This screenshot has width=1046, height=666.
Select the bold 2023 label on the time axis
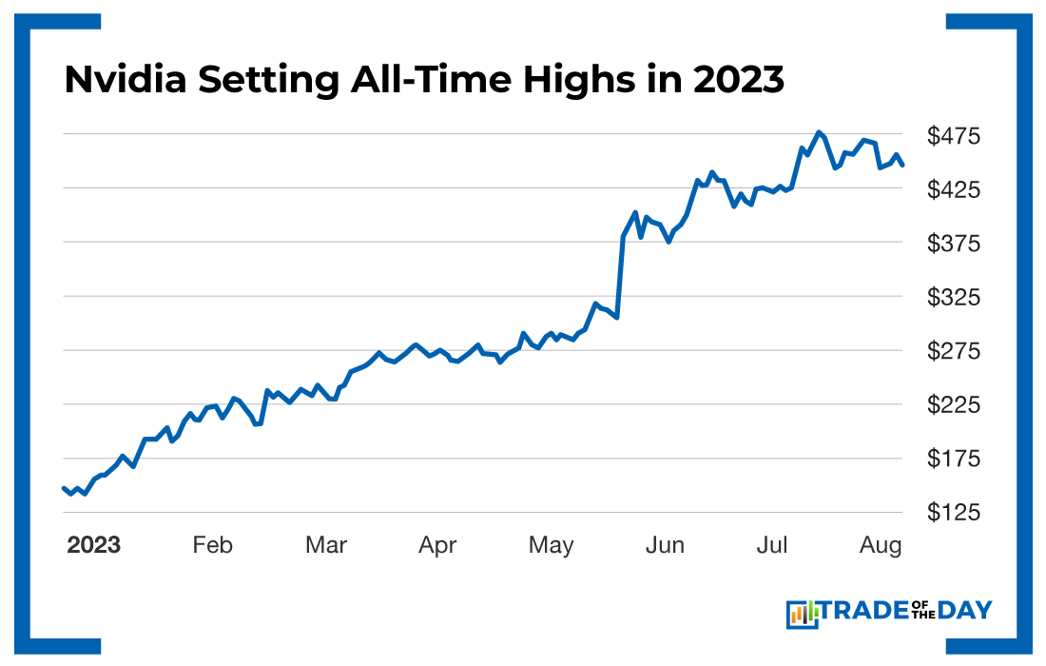click(93, 545)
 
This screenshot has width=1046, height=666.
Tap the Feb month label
click(212, 545)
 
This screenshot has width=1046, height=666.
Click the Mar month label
click(326, 545)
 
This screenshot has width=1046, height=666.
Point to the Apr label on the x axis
click(438, 545)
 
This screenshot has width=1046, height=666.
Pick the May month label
click(552, 545)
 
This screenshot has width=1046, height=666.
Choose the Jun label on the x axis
click(665, 545)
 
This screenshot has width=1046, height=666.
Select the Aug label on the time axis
click(881, 545)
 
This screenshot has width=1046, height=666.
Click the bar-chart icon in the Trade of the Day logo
click(802, 614)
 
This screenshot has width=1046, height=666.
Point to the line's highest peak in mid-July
click(818, 132)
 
